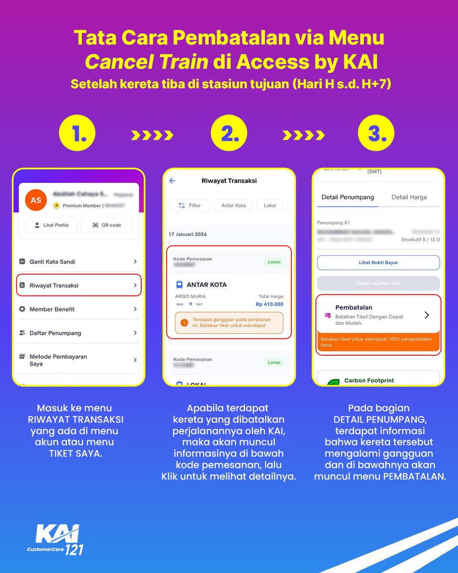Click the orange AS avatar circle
[x=36, y=201]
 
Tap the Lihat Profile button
[x=51, y=225]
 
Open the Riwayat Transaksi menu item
[x=79, y=285]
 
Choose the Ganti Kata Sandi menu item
[x=79, y=262]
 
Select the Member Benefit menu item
[x=79, y=309]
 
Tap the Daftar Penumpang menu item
[x=79, y=333]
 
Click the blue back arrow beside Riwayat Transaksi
[x=172, y=181]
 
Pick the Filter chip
[x=189, y=205]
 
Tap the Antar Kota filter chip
[x=233, y=205]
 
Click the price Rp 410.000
[x=269, y=304]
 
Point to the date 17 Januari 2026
[x=187, y=234]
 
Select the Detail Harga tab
[x=409, y=197]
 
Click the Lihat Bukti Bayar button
[x=378, y=263]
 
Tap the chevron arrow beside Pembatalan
[x=427, y=315]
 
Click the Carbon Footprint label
[x=369, y=381]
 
